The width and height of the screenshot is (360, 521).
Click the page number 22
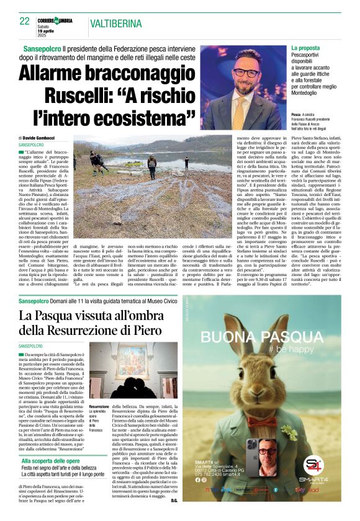25,21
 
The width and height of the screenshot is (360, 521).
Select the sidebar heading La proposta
306,48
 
